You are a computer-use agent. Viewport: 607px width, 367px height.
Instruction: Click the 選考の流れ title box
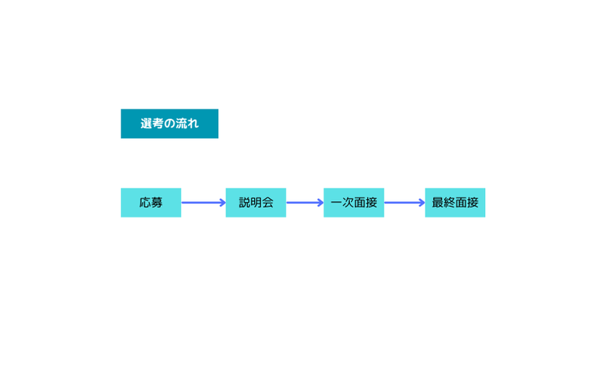[170, 124]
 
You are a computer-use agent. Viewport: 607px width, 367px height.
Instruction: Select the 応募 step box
[151, 203]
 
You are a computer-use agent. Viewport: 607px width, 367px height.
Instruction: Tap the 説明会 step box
[256, 203]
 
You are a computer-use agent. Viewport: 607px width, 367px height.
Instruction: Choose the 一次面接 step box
[353, 203]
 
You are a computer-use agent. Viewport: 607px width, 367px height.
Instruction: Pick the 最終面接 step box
[456, 203]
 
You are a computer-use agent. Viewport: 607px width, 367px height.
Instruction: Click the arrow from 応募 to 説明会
[204, 203]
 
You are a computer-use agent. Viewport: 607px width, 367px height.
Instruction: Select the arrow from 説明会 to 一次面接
[305, 203]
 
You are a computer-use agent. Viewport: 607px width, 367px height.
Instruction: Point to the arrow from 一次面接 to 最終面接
[404, 203]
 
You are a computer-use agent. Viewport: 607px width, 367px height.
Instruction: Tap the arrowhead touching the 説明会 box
[223, 203]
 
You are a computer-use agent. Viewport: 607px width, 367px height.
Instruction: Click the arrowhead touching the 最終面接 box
[423, 203]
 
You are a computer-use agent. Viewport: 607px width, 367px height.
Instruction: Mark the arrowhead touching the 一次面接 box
[321, 203]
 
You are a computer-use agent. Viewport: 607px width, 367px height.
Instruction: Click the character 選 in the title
[146, 124]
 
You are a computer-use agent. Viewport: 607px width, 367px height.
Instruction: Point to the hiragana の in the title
[170, 124]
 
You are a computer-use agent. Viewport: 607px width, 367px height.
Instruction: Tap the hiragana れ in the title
[193, 124]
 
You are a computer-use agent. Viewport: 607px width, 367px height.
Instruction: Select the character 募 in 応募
[157, 203]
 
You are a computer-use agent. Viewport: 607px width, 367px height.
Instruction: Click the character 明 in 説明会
[256, 203]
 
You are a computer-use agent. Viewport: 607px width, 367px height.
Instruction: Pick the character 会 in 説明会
[267, 203]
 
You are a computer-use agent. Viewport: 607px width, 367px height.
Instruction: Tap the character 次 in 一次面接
[348, 203]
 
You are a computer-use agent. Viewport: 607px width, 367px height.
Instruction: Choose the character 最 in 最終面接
[438, 203]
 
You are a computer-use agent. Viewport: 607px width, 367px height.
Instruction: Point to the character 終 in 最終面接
[450, 203]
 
